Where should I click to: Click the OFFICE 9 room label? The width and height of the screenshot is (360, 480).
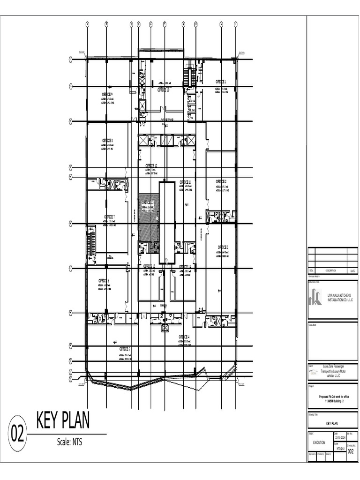[108, 94]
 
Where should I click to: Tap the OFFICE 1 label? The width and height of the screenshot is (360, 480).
[221, 82]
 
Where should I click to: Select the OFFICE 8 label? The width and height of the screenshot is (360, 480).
[108, 140]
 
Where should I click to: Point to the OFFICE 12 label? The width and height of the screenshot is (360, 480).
[151, 166]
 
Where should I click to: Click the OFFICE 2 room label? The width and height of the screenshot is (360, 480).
[221, 181]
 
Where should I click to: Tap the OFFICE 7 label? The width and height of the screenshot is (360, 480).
[109, 217]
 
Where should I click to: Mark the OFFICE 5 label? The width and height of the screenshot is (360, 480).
[124, 349]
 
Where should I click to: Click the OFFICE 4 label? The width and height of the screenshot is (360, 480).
[184, 337]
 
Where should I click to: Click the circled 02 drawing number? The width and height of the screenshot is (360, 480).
[17, 436]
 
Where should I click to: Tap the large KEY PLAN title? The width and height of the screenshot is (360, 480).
[63, 420]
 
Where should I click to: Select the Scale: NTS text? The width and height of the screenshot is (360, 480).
[69, 442]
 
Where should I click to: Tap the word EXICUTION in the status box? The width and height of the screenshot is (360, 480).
[320, 442]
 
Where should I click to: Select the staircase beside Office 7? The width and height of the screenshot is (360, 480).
[90, 240]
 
